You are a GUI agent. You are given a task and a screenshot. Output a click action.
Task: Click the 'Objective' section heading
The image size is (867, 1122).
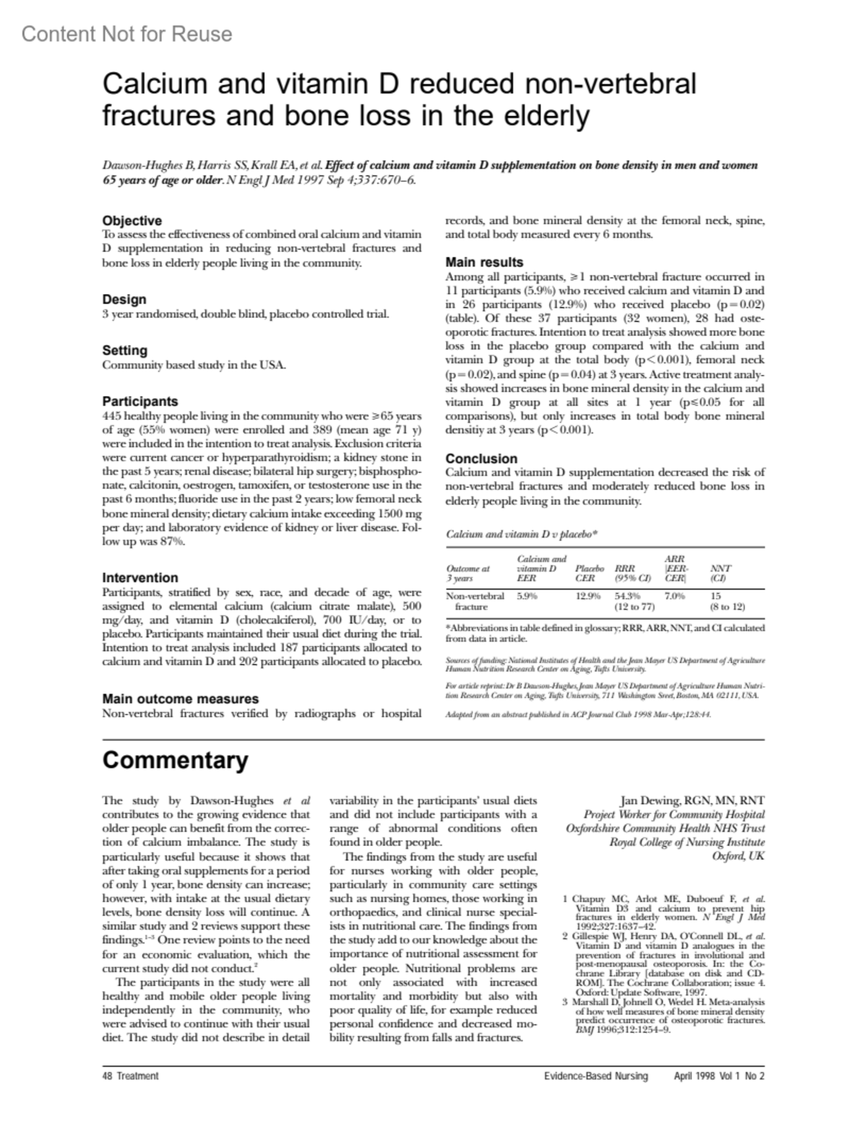pyautogui.click(x=131, y=220)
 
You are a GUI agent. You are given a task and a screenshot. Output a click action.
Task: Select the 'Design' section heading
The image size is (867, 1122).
pyautogui.click(x=124, y=299)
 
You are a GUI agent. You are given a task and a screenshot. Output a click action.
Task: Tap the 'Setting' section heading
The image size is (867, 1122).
pyautogui.click(x=124, y=350)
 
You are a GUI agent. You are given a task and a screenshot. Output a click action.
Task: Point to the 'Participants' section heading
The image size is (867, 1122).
pyautogui.click(x=139, y=401)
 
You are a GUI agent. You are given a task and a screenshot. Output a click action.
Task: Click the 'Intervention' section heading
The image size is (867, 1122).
pyautogui.click(x=139, y=578)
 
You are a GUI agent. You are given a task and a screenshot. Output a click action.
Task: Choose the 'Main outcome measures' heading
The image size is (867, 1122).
pyautogui.click(x=180, y=699)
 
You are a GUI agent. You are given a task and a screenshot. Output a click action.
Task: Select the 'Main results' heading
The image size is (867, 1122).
pyautogui.click(x=484, y=262)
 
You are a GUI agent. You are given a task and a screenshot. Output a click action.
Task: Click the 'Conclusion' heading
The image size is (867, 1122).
pyautogui.click(x=481, y=459)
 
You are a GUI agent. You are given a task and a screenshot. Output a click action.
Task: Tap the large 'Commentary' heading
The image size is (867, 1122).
pyautogui.click(x=175, y=761)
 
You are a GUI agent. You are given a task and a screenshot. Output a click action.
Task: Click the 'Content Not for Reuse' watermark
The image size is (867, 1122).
pyautogui.click(x=126, y=34)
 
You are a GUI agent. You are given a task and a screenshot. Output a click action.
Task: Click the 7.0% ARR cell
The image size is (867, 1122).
pyautogui.click(x=675, y=596)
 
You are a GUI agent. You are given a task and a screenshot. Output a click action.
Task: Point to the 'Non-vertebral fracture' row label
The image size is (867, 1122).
pyautogui.click(x=475, y=602)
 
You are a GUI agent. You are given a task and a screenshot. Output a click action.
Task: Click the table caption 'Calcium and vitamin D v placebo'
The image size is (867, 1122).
pyautogui.click(x=521, y=535)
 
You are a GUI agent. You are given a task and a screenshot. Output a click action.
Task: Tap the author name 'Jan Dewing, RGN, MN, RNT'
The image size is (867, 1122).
pyautogui.click(x=692, y=800)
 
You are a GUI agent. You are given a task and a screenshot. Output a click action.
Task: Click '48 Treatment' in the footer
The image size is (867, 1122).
pyautogui.click(x=130, y=1076)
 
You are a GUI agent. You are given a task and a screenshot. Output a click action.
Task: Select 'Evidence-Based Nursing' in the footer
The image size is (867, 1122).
pyautogui.click(x=596, y=1076)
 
